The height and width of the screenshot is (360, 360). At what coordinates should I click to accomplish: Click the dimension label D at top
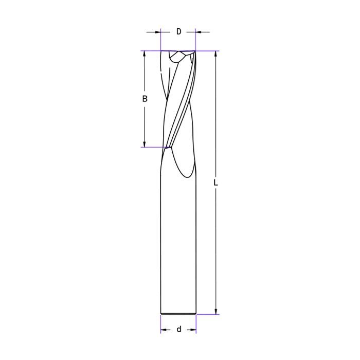point(178,31)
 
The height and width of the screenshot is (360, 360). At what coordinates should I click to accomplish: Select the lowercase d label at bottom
point(179,329)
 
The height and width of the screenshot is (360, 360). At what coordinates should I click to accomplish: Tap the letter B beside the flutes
point(145,99)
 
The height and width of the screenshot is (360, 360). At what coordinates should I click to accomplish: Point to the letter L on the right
point(215,183)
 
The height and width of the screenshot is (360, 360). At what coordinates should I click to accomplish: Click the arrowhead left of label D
point(158,32)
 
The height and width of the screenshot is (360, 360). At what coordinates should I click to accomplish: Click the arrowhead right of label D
point(198,32)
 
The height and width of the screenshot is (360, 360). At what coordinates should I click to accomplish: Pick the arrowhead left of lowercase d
point(164,330)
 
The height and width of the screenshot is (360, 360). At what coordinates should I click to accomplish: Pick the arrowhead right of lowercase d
point(193,330)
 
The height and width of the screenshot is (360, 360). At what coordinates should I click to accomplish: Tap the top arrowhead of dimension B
point(145,53)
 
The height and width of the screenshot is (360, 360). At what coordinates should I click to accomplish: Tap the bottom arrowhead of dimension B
point(145,144)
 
